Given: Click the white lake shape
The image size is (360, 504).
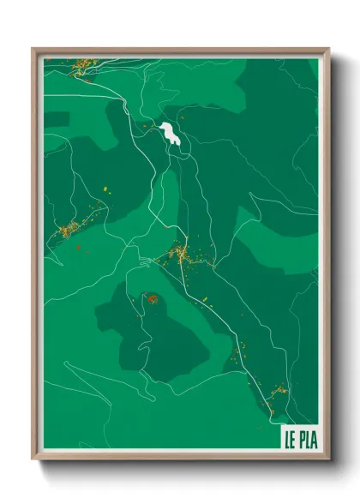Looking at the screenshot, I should [169, 133].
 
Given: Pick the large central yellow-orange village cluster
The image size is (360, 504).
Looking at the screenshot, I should [181, 253].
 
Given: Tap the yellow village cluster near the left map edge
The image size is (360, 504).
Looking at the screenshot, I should [68, 229].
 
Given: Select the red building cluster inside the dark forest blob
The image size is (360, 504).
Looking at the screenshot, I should [152, 299].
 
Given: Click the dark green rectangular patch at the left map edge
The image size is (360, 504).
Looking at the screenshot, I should [56, 119].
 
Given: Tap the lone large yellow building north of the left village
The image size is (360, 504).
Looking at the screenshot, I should [97, 186].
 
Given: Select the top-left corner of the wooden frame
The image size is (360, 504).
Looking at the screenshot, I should [33, 49].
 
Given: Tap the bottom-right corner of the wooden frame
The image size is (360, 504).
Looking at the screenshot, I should [328, 459].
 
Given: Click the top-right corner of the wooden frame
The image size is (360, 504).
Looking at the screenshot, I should [328, 49].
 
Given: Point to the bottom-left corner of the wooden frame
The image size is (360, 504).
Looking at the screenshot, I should [33, 459].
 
